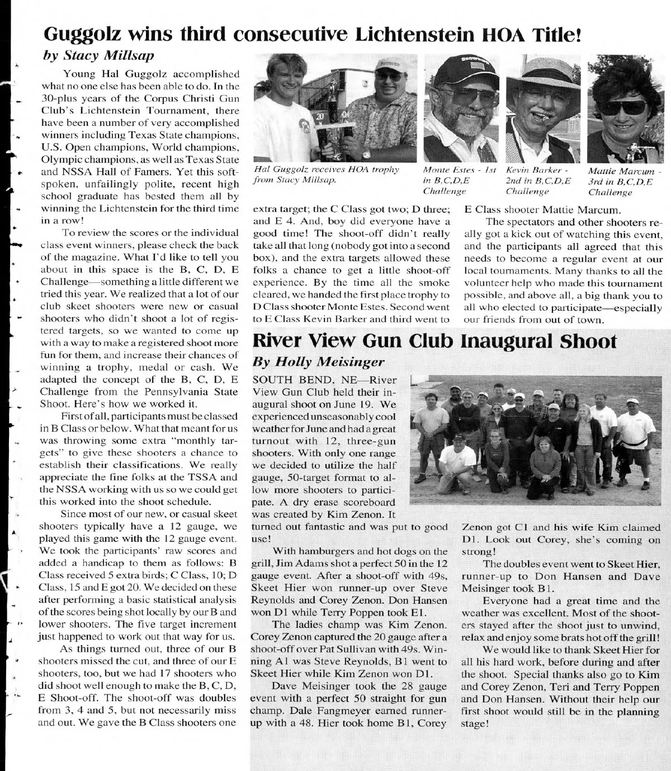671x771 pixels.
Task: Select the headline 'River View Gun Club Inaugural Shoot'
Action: [434, 340]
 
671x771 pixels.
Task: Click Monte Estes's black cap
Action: [457, 72]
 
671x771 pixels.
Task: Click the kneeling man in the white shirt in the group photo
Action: [457, 460]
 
